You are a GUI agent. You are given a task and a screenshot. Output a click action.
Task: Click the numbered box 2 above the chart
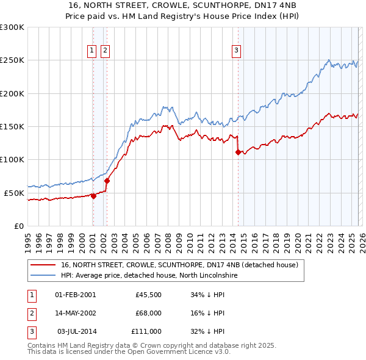tap(105, 51)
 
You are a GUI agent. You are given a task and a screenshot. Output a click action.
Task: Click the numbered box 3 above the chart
tap(236, 51)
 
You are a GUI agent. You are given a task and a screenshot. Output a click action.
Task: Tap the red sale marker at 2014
tap(238, 153)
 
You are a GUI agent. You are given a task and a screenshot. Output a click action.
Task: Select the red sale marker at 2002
tap(107, 181)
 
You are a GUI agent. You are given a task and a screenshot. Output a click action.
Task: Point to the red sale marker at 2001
tap(93, 196)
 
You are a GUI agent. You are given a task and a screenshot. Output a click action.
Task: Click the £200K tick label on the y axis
tap(12, 93)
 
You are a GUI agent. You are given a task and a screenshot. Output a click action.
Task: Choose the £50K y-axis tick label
tap(13, 193)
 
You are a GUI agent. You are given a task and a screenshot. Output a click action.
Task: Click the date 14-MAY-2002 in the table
tap(75, 313)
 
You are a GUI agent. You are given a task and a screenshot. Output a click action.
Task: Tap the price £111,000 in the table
tap(146, 331)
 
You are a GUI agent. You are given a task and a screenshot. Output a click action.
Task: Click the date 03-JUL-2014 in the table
tap(76, 331)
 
